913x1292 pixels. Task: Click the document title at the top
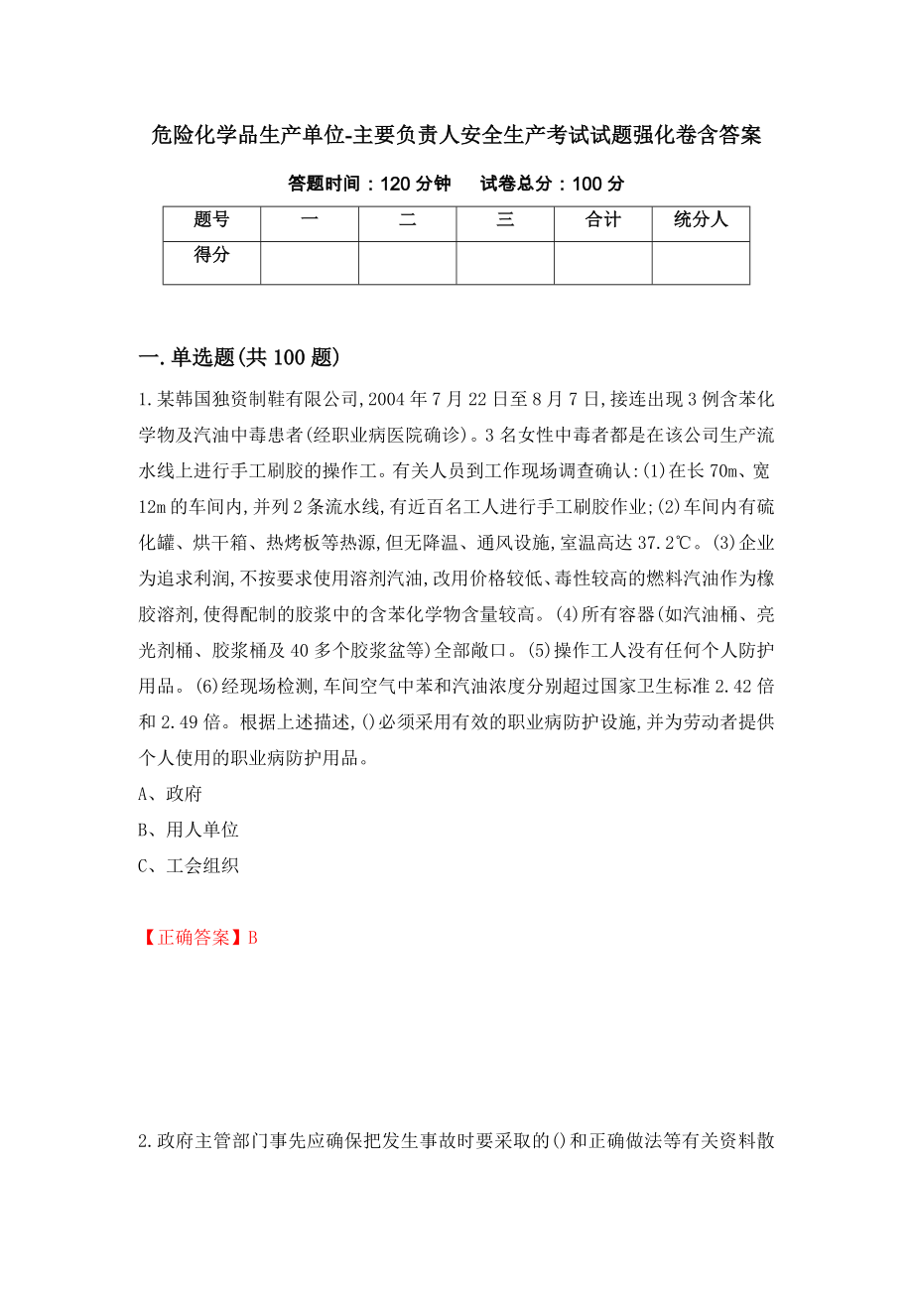coord(456,136)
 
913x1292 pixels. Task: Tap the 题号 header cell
coord(211,221)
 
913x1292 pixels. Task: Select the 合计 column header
coord(602,221)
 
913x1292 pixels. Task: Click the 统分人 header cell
coord(700,221)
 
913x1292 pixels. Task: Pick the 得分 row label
coord(211,256)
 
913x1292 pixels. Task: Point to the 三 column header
coord(505,221)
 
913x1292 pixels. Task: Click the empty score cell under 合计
coord(602,262)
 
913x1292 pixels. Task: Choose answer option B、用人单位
coord(188,830)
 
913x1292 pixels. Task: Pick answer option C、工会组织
coord(188,865)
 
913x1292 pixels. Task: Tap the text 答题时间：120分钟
coord(369,185)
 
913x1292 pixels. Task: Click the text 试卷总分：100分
coord(552,185)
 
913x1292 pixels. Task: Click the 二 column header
coord(407,221)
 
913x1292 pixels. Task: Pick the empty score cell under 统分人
coord(700,262)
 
